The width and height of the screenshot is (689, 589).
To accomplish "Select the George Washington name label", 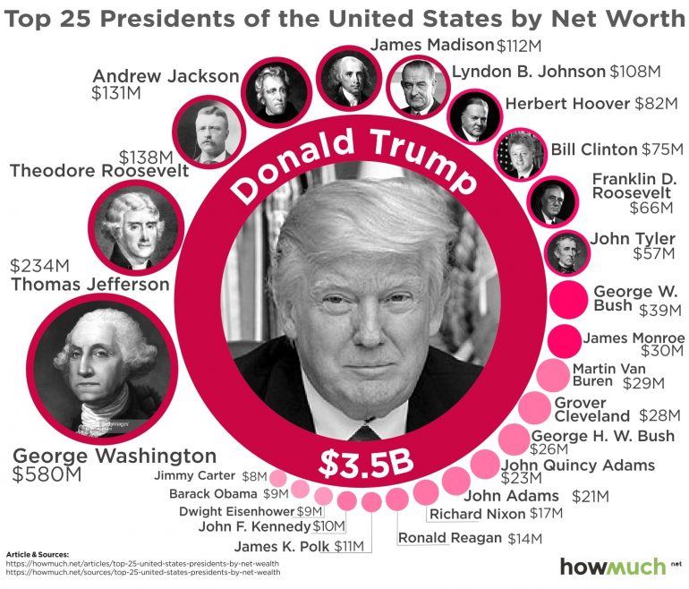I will [x=115, y=456].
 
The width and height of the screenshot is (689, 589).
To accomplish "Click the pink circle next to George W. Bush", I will [x=566, y=300].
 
